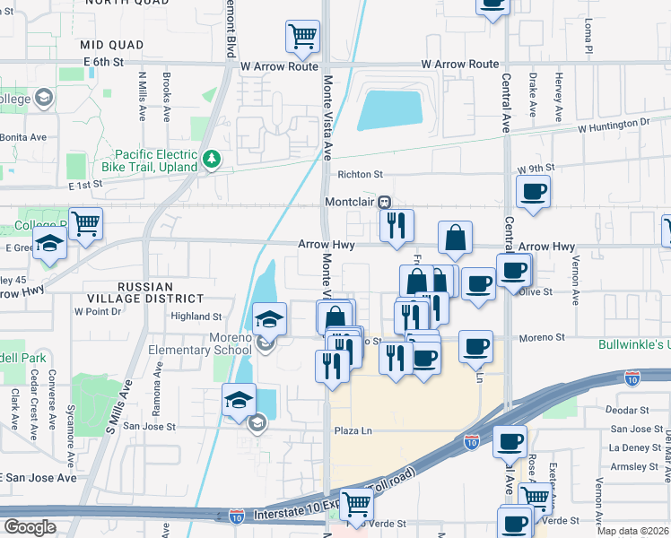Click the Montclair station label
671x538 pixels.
(x=349, y=202)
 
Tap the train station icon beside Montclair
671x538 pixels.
(x=384, y=202)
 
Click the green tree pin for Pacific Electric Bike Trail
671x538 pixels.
(x=212, y=160)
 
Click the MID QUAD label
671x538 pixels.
(x=111, y=44)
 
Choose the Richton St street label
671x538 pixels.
(x=360, y=175)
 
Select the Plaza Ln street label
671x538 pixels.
(x=353, y=430)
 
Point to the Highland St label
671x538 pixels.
(x=196, y=317)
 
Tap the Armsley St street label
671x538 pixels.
(x=633, y=466)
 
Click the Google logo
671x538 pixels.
(x=29, y=527)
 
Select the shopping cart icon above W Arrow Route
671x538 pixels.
(x=303, y=37)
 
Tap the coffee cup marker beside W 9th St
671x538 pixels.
(x=534, y=191)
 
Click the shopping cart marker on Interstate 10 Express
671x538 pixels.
(x=356, y=503)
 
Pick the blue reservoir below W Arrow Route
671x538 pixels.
(x=390, y=110)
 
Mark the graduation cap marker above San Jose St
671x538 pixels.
(x=240, y=401)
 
